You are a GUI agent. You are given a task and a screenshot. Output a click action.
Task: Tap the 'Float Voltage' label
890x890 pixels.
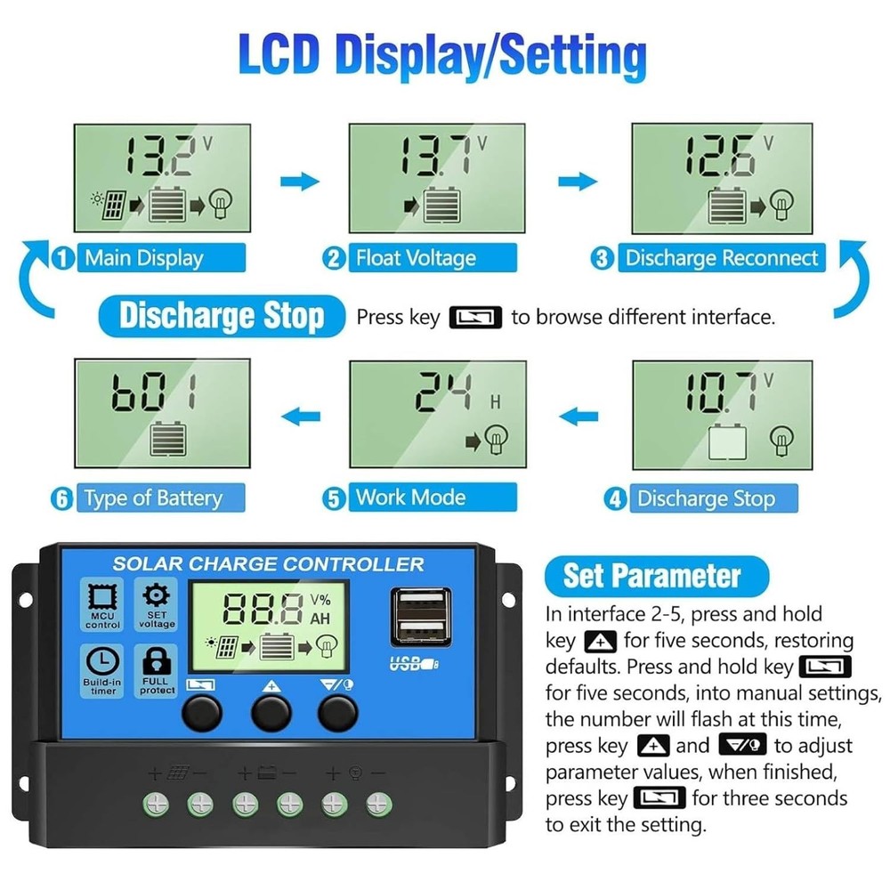click(x=416, y=259)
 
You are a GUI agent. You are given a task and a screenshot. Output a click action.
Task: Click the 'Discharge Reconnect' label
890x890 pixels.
click(x=721, y=259)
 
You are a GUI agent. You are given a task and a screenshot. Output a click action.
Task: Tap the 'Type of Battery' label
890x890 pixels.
click(x=152, y=498)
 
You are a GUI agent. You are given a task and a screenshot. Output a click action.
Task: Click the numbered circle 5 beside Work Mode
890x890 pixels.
click(x=335, y=498)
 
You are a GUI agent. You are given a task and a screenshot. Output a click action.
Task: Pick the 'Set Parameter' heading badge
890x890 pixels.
click(x=652, y=576)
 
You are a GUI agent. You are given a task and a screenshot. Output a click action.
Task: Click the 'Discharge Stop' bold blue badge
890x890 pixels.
click(x=222, y=316)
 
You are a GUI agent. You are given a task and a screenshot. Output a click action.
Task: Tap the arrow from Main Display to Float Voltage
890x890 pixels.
click(x=299, y=182)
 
